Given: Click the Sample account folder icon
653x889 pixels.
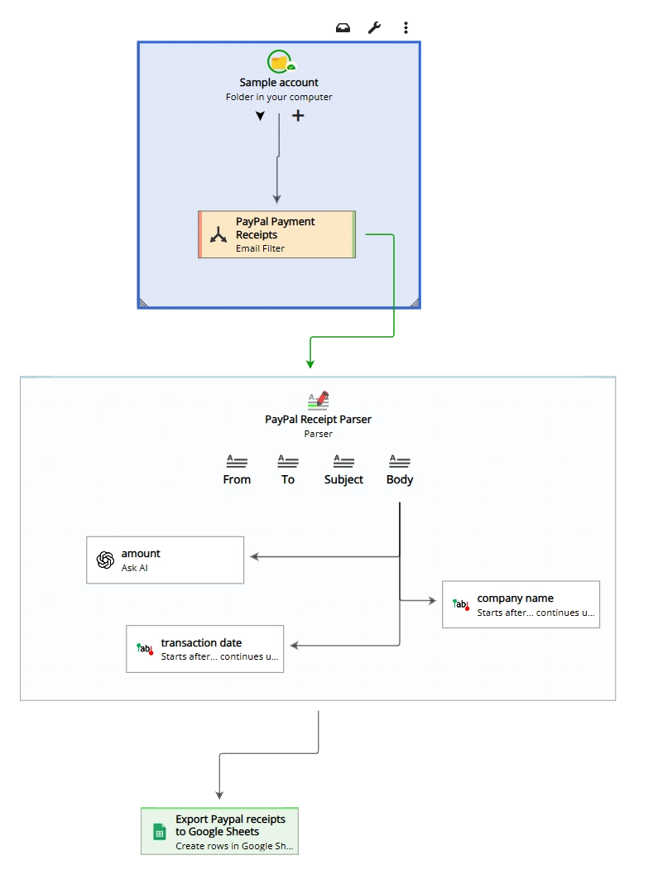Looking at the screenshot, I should coord(280,62).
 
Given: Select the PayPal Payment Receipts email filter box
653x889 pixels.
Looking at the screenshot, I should coord(276,234).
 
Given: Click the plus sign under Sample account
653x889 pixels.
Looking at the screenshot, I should coord(298,116).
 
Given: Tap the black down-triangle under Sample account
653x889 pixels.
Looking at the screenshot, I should coord(260,117).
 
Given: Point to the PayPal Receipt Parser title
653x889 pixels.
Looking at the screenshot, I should coord(318,420).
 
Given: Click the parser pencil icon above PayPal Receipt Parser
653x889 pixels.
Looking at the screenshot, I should coord(319,399).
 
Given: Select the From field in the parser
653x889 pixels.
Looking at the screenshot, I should coord(237,469).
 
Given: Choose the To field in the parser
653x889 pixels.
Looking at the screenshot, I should coord(287,469).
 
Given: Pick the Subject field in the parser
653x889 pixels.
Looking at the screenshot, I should coord(343,469).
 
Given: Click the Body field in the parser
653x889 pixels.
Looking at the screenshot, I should coord(400,469).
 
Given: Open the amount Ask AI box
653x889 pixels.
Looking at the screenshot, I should coord(166,560).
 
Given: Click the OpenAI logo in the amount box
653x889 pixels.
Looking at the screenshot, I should coord(105,560).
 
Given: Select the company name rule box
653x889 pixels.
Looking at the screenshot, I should coord(521,605).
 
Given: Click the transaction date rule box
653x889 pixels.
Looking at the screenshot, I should coord(204,649).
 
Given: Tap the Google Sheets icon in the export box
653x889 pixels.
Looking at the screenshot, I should coord(160,832).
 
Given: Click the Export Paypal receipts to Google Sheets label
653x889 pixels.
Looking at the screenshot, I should coord(230,825).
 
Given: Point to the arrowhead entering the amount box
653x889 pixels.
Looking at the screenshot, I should coord(254,557).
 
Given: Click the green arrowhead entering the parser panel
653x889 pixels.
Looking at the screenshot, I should coord(310,364).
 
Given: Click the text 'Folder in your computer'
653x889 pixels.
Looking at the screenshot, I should coord(279,97).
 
